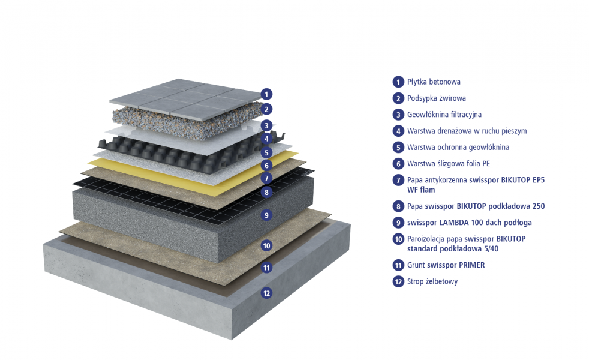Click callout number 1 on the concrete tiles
point(266,94)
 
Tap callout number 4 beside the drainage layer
point(266,139)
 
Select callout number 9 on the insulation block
point(266,215)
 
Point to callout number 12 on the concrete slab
point(266,293)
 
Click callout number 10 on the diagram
point(266,246)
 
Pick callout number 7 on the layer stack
point(266,178)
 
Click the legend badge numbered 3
point(398,115)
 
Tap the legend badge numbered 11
point(398,265)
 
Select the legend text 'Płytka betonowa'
point(434,82)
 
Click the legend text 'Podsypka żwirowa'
point(437,98)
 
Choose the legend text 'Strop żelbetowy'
point(432,281)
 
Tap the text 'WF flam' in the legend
point(421,190)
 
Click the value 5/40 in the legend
point(489,249)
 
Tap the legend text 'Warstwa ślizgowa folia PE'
point(449,164)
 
